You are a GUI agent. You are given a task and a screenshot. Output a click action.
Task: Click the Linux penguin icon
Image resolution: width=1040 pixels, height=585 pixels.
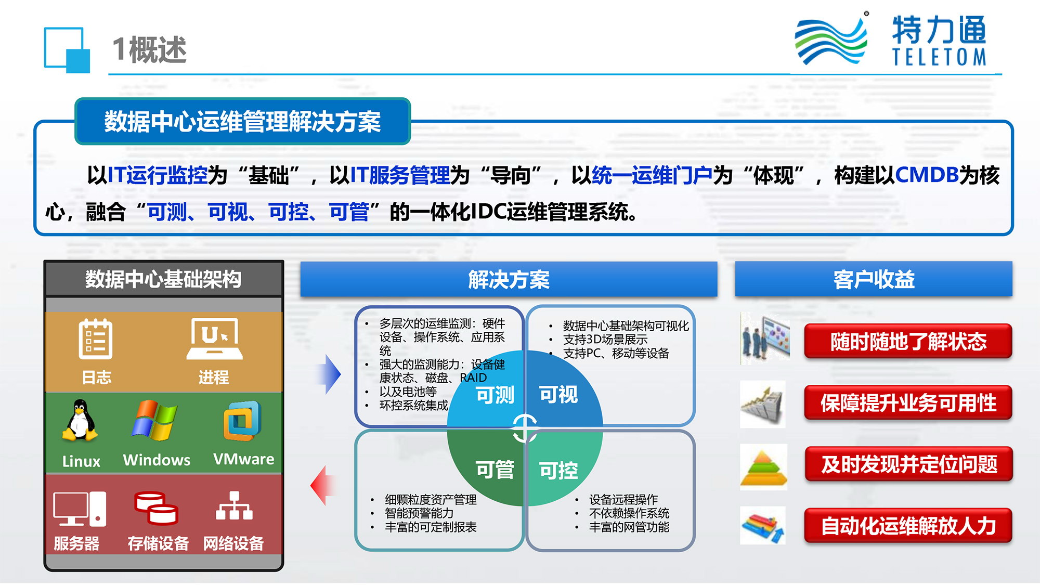80,421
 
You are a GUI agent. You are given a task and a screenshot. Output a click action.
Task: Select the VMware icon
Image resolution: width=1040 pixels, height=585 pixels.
242,421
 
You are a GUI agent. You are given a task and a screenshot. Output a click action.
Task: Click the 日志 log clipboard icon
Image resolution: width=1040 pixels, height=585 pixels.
96,339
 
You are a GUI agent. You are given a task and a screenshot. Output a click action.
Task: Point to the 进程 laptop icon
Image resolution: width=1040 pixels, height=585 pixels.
214,339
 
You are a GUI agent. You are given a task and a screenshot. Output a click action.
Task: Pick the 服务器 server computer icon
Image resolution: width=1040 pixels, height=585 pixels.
80,509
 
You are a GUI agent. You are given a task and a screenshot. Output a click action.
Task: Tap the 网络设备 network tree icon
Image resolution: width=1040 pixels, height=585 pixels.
234,505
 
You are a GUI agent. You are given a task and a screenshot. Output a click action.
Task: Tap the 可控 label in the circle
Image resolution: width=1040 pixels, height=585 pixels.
558,471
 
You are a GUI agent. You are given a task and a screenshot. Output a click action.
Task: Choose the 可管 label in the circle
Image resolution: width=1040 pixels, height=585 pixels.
495,470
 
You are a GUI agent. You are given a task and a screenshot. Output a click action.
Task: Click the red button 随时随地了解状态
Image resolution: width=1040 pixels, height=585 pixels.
908,342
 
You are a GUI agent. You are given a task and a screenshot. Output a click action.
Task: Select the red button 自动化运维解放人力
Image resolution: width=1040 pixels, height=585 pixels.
908,526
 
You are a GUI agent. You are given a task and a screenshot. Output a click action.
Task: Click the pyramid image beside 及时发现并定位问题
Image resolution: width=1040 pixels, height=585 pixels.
763,467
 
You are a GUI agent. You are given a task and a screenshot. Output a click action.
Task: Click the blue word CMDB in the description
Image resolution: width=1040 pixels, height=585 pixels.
927,175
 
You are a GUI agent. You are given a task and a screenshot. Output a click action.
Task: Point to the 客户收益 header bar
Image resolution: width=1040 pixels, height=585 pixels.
874,279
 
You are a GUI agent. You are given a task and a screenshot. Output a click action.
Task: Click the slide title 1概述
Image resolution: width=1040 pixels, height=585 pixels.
149,50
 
